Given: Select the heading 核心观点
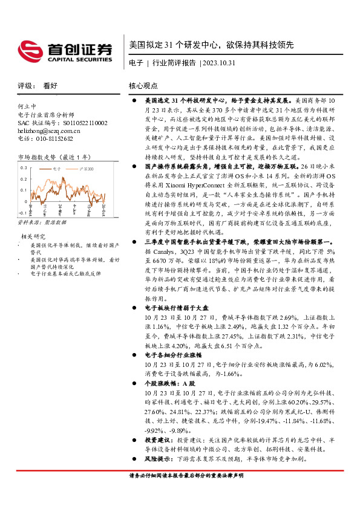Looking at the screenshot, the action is click(143, 86).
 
